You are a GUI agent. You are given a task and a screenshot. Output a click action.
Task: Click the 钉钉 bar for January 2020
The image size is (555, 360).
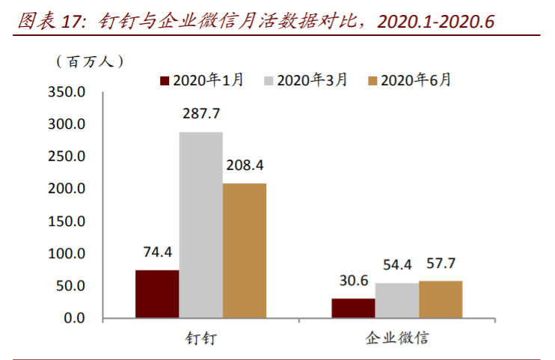tap(157, 293)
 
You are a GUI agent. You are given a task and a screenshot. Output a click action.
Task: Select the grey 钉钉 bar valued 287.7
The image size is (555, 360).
tap(200, 225)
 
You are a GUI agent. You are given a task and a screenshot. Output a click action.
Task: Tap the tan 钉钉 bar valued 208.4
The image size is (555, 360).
tap(245, 250)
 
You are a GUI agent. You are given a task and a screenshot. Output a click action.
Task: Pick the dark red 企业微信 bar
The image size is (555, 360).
tap(353, 308)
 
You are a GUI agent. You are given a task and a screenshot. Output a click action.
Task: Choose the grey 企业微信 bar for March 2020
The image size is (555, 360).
tap(396, 300)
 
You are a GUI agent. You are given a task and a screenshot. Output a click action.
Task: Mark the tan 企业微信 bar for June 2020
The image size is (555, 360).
tap(441, 299)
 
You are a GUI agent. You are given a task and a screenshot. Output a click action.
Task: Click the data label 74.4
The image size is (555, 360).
tap(157, 253)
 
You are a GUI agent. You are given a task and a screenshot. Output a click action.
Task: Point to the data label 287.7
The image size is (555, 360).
tap(200, 115)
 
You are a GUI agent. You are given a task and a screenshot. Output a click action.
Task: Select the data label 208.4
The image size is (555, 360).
tap(245, 165)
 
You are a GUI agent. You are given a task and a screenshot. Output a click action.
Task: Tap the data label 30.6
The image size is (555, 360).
tap(353, 281)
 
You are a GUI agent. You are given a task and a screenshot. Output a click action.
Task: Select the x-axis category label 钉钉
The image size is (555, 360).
tap(200, 338)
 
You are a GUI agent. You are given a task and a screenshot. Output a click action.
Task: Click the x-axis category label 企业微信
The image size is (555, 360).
tap(396, 338)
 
